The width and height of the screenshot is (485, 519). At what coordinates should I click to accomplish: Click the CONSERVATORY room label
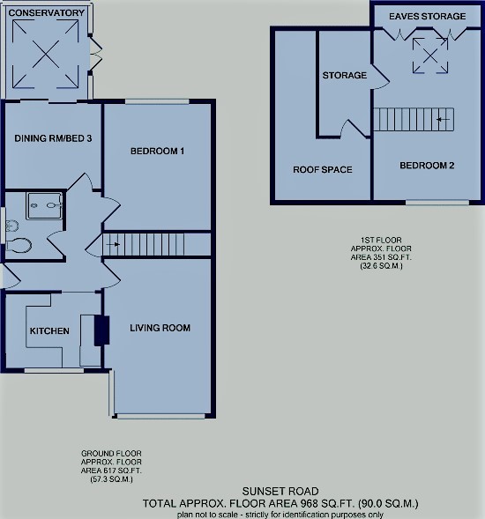[x=48, y=13]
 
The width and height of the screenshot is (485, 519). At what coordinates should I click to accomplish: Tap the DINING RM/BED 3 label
[x=53, y=138]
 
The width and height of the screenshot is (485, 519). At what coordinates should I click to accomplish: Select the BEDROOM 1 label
[x=157, y=151]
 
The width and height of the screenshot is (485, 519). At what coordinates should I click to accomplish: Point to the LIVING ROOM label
[x=160, y=329]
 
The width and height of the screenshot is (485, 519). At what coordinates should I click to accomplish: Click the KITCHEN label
[x=49, y=331]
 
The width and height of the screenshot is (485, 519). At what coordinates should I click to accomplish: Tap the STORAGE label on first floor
[x=344, y=76]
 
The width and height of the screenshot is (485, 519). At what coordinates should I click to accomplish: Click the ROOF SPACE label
[x=322, y=169]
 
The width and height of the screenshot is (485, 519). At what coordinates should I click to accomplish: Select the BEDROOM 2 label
[x=427, y=166]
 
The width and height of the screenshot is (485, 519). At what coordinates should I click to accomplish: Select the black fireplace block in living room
[x=101, y=329]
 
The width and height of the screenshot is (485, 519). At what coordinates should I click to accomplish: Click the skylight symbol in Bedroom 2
[x=430, y=58]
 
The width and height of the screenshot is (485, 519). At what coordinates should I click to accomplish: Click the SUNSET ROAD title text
[x=280, y=492]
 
